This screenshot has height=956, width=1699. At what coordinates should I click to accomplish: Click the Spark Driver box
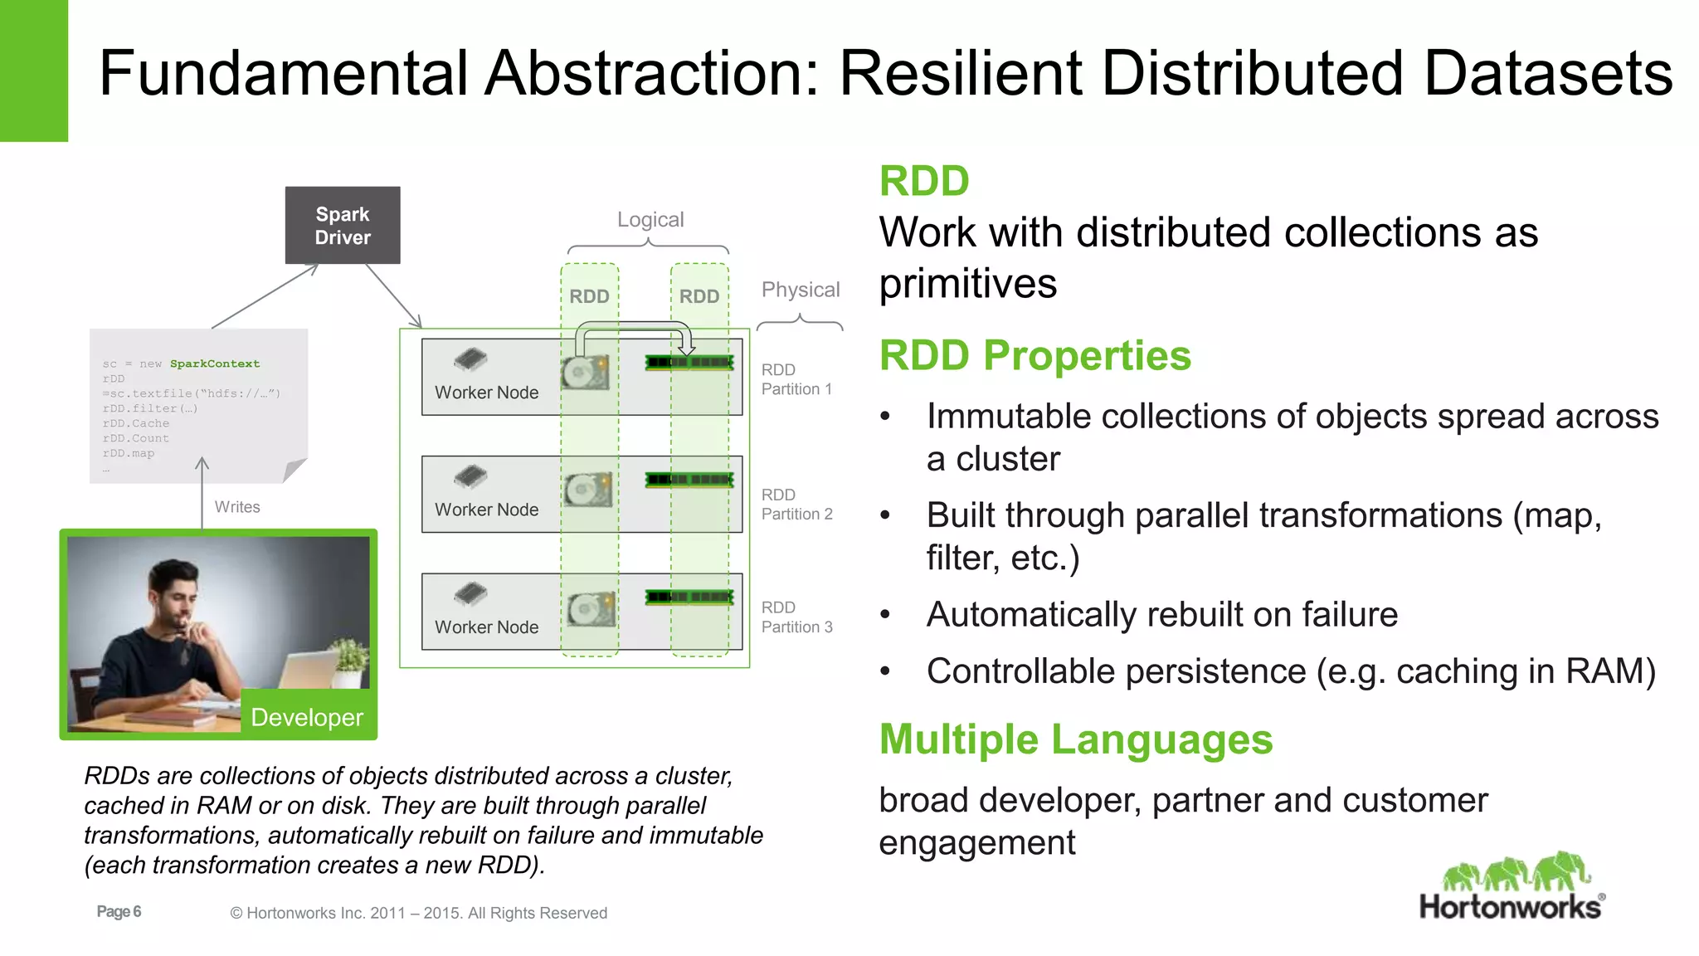tap(343, 226)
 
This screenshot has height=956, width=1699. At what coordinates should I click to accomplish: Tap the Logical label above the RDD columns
tap(650, 220)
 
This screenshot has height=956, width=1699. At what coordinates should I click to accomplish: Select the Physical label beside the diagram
tap(801, 290)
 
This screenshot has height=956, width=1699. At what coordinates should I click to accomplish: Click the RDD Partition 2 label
tap(796, 505)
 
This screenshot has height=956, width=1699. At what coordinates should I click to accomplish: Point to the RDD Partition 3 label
tap(796, 617)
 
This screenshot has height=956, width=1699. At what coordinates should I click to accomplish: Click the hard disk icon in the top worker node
tap(586, 373)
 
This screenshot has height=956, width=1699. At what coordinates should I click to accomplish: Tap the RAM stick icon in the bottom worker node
tap(689, 597)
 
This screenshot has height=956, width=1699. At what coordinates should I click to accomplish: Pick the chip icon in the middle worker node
tap(470, 476)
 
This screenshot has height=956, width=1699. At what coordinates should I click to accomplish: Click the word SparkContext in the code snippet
tap(215, 363)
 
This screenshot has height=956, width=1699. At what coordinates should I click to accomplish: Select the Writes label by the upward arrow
tap(237, 507)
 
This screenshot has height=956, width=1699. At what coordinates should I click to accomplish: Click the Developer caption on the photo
tap(307, 717)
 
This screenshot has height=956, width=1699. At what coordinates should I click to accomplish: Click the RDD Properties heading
tap(1034, 356)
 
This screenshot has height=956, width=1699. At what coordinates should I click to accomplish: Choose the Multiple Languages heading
tap(1075, 739)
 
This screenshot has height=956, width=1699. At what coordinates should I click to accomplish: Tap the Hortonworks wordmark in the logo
tap(1510, 907)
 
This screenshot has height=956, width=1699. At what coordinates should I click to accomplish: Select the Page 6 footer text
tap(119, 912)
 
